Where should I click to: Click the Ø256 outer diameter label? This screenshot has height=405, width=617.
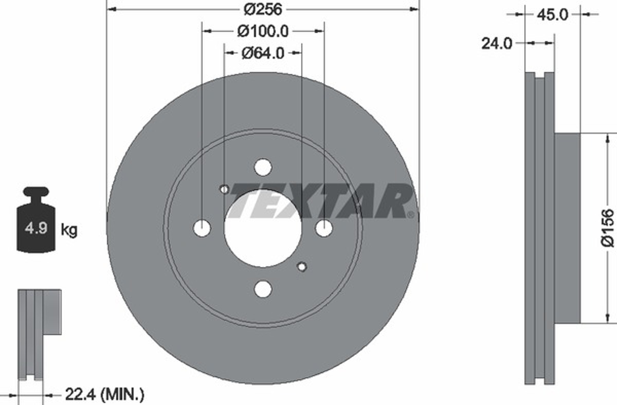tap(263, 10)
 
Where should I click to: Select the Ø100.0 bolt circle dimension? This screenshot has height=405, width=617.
tap(263, 32)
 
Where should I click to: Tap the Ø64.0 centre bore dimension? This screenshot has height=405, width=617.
tap(263, 53)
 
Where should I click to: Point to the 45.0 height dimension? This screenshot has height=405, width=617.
tap(552, 15)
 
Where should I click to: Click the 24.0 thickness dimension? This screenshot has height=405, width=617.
tap(497, 43)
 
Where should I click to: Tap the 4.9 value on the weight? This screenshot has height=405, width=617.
tap(36, 228)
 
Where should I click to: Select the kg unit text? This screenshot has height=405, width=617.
tap(69, 230)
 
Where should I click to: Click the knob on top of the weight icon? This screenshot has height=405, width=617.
tap(36, 191)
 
